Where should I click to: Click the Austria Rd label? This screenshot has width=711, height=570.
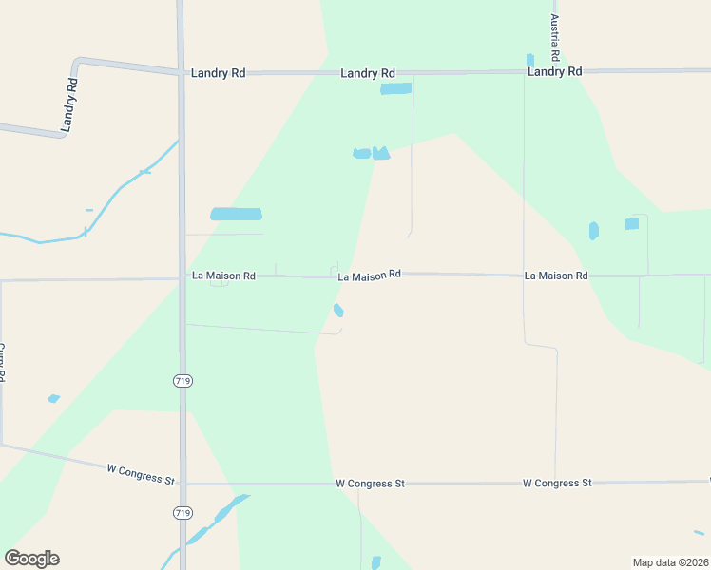tap(554, 37)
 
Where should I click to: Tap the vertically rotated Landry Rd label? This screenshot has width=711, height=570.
tap(68, 103)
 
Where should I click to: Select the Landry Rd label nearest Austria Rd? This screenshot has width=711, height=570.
tap(554, 71)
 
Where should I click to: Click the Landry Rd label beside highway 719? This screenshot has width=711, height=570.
tap(219, 73)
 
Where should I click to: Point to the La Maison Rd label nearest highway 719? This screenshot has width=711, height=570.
tap(223, 275)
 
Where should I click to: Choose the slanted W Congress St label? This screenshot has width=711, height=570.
tap(140, 473)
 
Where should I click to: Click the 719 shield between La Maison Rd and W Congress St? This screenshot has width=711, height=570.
tap(183, 381)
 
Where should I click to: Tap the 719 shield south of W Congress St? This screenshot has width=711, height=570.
tap(183, 513)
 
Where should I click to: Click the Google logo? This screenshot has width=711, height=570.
tap(31, 559)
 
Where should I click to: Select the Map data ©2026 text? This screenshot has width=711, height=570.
tap(670, 562)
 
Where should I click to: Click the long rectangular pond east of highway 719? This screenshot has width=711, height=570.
tap(236, 215)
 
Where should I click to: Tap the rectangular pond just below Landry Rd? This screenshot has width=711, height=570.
tap(395, 88)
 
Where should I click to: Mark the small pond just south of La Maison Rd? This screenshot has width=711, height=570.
tap(338, 310)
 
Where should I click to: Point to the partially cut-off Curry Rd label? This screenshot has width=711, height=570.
tap(3, 362)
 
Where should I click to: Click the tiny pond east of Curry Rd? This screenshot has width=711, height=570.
tap(53, 398)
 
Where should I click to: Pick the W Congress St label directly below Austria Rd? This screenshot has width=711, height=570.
tap(557, 483)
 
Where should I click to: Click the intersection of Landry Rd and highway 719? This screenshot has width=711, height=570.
tap(182, 72)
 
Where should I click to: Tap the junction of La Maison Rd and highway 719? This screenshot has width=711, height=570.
tap(183, 278)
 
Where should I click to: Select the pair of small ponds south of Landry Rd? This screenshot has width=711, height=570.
tap(372, 153)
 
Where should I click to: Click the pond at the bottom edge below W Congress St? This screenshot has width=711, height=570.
tap(376, 562)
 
